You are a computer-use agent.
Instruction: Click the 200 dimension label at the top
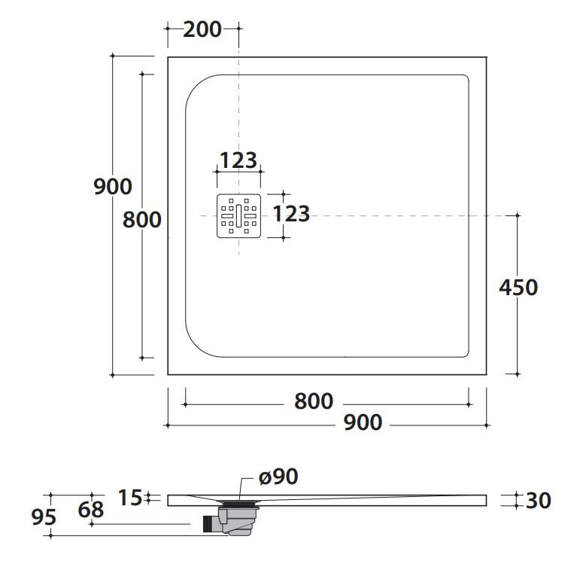click(x=202, y=29)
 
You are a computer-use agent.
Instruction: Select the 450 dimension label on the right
click(x=518, y=287)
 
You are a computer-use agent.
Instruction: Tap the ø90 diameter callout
click(x=278, y=477)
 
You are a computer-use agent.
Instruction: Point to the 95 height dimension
click(x=44, y=517)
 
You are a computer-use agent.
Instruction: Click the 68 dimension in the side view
click(x=91, y=510)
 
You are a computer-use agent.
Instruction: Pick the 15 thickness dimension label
click(x=130, y=498)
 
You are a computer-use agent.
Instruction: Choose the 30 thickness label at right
click(x=538, y=500)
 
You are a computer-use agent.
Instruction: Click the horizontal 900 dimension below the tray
click(x=363, y=422)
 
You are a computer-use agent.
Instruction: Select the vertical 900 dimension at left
click(x=113, y=187)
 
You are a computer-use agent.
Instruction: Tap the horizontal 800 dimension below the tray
click(x=314, y=401)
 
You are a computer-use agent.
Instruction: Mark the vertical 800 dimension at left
click(x=141, y=220)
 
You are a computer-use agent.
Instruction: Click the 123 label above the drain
click(x=238, y=160)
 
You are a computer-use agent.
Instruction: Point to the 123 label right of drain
click(x=291, y=214)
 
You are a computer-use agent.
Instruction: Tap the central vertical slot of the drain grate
click(x=239, y=216)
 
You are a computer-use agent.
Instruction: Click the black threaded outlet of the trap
click(x=208, y=524)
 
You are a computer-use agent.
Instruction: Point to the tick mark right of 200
click(x=239, y=29)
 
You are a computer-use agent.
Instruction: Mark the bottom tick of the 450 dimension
click(x=518, y=374)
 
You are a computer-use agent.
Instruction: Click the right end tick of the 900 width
click(x=487, y=425)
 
